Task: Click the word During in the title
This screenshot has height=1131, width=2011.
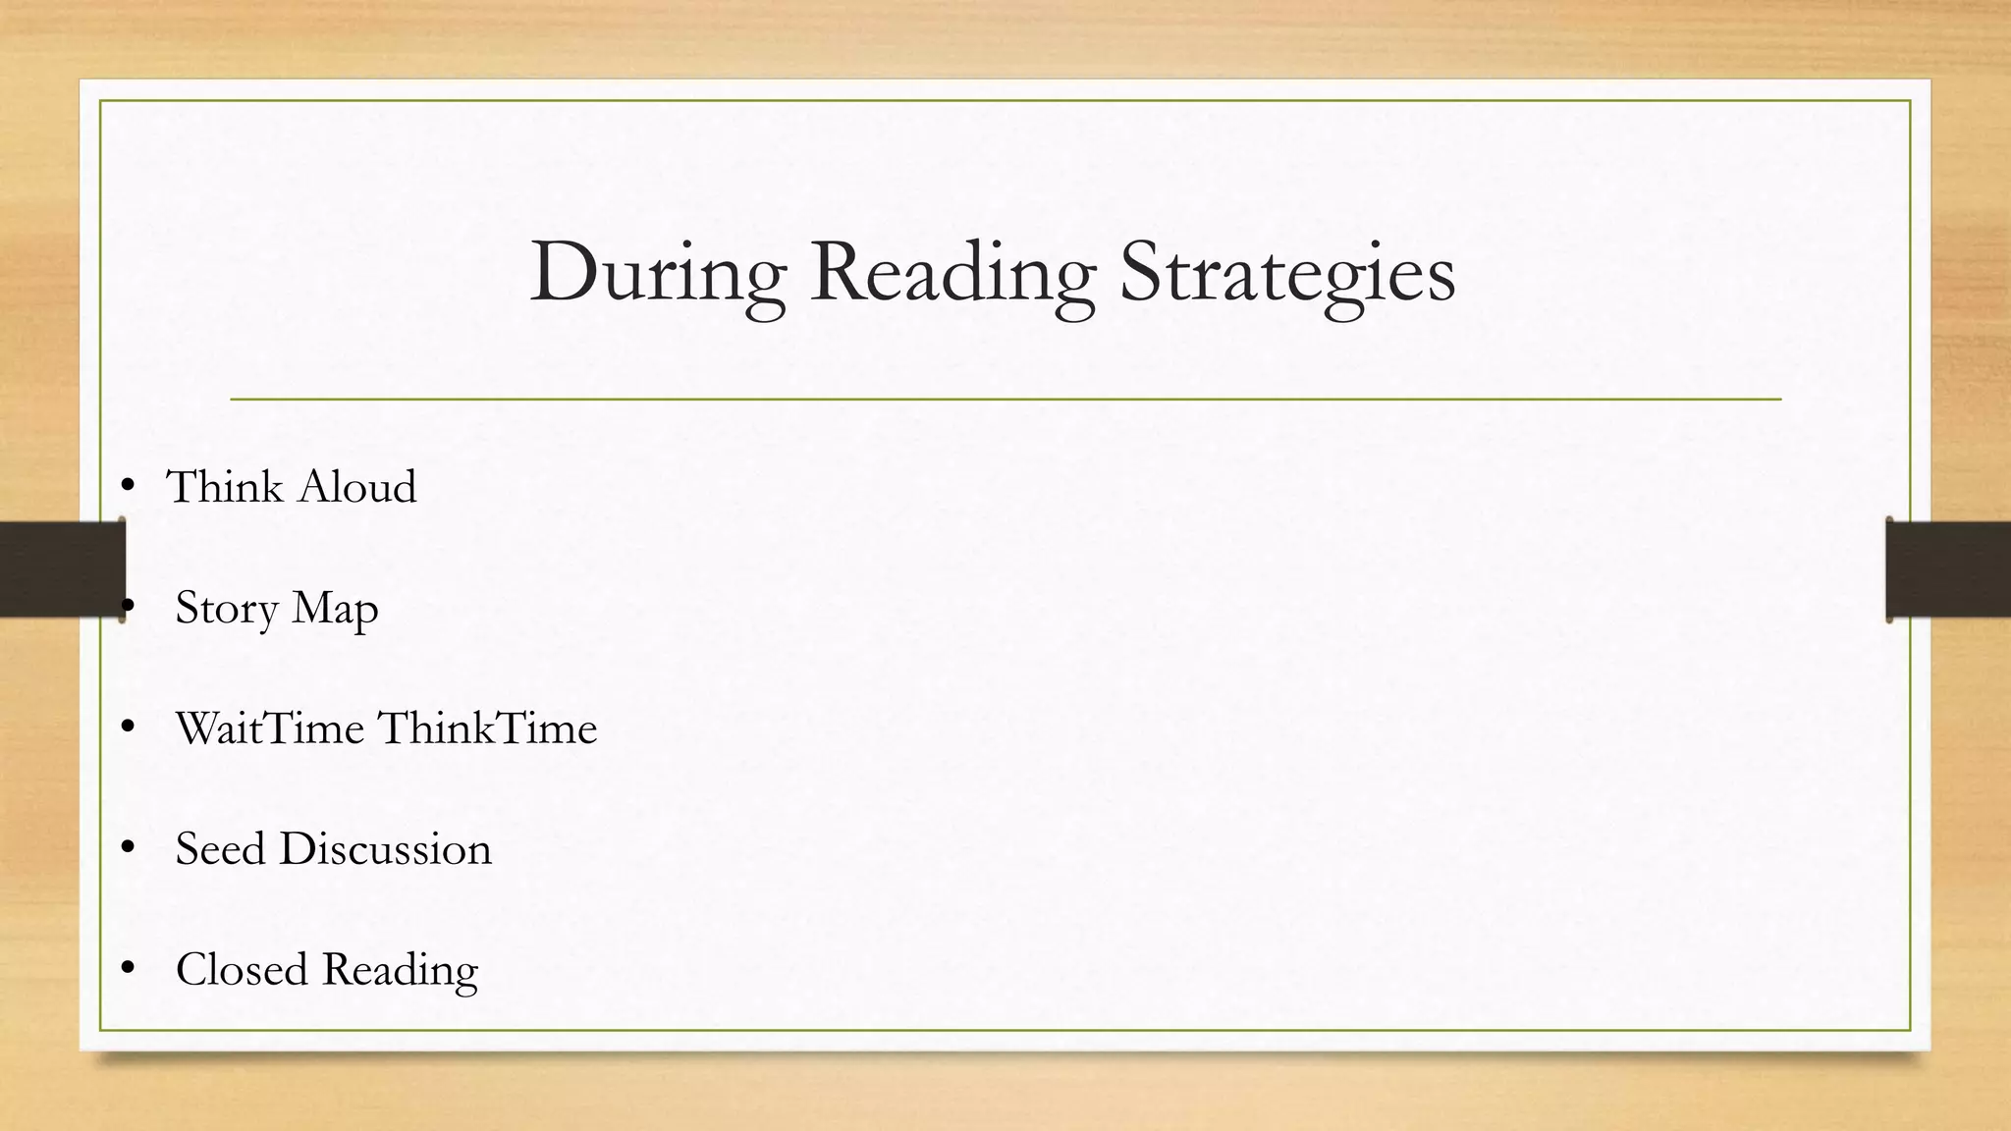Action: (x=657, y=273)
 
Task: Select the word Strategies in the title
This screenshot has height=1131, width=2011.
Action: (x=1287, y=275)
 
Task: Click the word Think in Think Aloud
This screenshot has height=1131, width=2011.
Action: (x=226, y=487)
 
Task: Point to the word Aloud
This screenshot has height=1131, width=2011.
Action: (x=357, y=487)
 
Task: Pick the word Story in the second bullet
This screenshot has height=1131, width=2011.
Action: (x=227, y=609)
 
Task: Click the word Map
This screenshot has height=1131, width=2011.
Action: (x=335, y=609)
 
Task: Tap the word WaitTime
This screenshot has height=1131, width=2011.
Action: (x=270, y=728)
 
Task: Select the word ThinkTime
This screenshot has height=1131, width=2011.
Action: (x=488, y=728)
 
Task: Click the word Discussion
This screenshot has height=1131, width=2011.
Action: (x=385, y=849)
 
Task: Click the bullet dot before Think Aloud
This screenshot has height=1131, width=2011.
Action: (x=127, y=485)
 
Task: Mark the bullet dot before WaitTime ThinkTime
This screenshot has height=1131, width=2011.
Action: (x=127, y=727)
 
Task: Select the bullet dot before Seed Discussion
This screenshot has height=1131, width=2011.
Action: (x=127, y=848)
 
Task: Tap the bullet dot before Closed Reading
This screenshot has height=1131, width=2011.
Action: (x=127, y=969)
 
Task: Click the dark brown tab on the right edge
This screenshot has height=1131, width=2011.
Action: (x=1948, y=569)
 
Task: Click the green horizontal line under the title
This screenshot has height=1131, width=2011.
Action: (x=1005, y=400)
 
